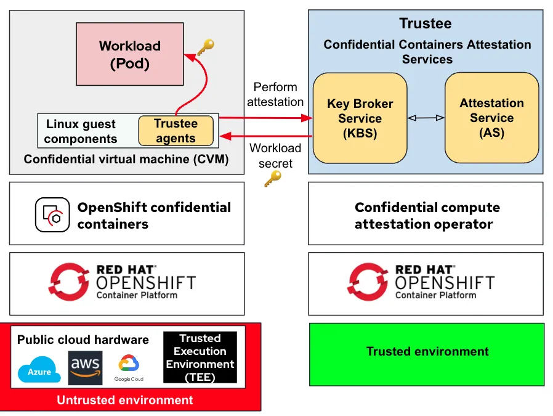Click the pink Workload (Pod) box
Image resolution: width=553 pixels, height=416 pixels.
(129, 54)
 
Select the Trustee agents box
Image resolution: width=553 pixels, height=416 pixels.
(176, 131)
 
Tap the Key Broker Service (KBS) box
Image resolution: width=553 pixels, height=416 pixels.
(360, 118)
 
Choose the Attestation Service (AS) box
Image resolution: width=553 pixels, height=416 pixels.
(491, 118)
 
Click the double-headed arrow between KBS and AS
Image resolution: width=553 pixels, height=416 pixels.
(426, 118)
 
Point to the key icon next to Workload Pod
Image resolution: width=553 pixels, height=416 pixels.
(205, 47)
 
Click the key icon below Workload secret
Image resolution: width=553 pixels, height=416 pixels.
(272, 179)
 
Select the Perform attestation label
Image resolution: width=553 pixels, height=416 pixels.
(275, 94)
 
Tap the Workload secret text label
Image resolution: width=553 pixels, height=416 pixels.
(275, 155)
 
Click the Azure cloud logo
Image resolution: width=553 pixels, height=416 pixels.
(39, 370)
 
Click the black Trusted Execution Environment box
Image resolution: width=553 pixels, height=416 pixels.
(200, 357)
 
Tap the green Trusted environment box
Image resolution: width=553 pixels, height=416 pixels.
(426, 352)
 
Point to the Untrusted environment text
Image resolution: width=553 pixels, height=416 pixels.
(125, 400)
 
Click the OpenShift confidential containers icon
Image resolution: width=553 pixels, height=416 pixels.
(52, 214)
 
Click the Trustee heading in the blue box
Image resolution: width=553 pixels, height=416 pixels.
(426, 23)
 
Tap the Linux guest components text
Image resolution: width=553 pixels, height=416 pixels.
(81, 131)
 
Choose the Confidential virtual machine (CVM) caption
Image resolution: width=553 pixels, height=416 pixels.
(126, 160)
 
